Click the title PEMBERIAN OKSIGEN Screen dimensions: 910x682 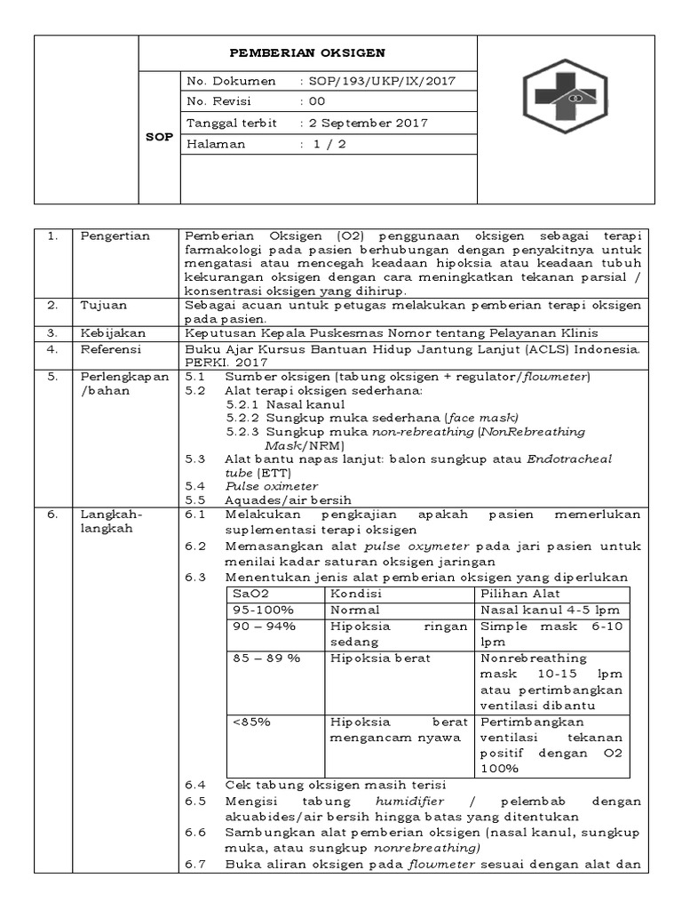coord(308,53)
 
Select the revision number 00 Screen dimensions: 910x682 coord(317,101)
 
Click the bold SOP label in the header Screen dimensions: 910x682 coord(159,137)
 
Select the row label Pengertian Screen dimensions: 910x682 coord(115,235)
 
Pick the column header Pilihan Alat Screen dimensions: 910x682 coord(520,594)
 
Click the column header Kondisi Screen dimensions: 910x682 coord(355,594)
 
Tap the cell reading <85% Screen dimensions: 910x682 coord(251,722)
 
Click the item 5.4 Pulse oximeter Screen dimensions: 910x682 coord(271,486)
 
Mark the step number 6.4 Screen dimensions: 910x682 coord(194,784)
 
